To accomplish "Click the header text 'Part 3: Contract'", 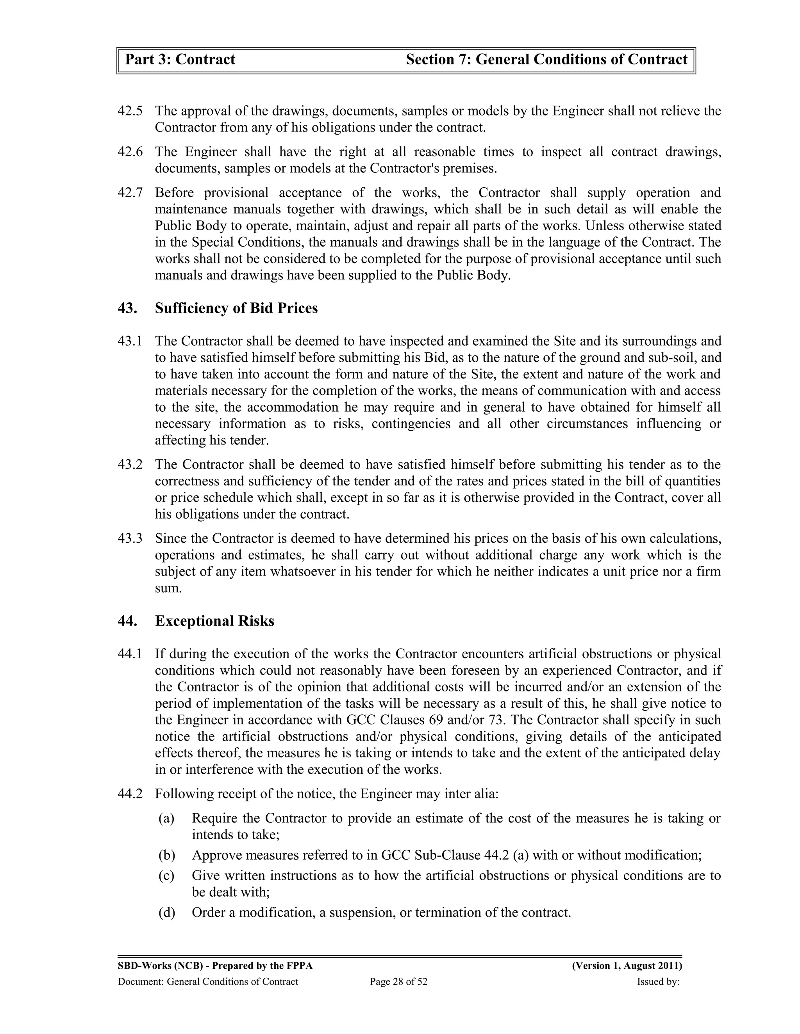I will click(180, 60).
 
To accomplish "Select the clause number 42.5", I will click(130, 111).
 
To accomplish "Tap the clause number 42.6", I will click(130, 152).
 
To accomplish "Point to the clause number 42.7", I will click(130, 193).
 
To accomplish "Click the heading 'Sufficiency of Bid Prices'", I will click(236, 308).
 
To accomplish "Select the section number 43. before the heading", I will click(127, 308).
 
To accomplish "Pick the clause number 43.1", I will click(130, 341).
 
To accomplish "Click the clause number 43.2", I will click(130, 465).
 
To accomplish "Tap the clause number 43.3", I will click(130, 539).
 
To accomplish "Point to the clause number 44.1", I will click(130, 654).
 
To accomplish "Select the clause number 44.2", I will click(130, 794).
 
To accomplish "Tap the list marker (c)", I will click(166, 876).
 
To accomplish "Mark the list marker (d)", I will click(166, 912).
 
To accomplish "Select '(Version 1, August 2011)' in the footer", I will click(627, 966).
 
